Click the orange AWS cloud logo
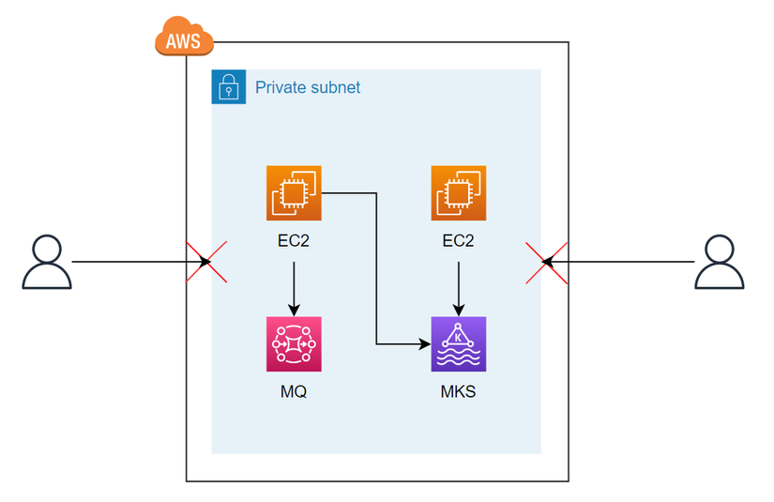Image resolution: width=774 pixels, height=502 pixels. pos(184,38)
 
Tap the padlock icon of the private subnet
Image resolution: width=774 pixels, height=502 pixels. pos(228,87)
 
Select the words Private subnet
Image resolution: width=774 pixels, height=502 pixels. pos(308,87)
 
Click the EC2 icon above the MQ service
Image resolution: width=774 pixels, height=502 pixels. pos(294,193)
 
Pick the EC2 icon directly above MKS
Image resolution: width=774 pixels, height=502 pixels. pos(459,193)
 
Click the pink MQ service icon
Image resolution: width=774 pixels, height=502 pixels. pos(294,344)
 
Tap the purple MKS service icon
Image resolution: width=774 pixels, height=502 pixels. pos(459,344)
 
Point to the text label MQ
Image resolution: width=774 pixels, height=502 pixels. pos(294,391)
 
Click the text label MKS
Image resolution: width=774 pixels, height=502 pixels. pos(459,391)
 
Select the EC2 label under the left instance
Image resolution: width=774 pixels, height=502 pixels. pos(294,240)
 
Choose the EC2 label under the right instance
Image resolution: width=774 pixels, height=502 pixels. pos(459,240)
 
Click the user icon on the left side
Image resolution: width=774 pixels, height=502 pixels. pos(47,262)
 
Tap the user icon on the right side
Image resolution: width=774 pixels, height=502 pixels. pos(720,262)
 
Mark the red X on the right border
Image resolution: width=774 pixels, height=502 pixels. pos(548,261)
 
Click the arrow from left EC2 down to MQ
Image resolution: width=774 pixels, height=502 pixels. pos(294,287)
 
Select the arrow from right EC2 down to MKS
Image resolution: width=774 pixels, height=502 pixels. pos(459,287)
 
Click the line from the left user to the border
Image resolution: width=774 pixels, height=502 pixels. pos(131,261)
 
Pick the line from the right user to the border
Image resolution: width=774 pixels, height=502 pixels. pos(629,261)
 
